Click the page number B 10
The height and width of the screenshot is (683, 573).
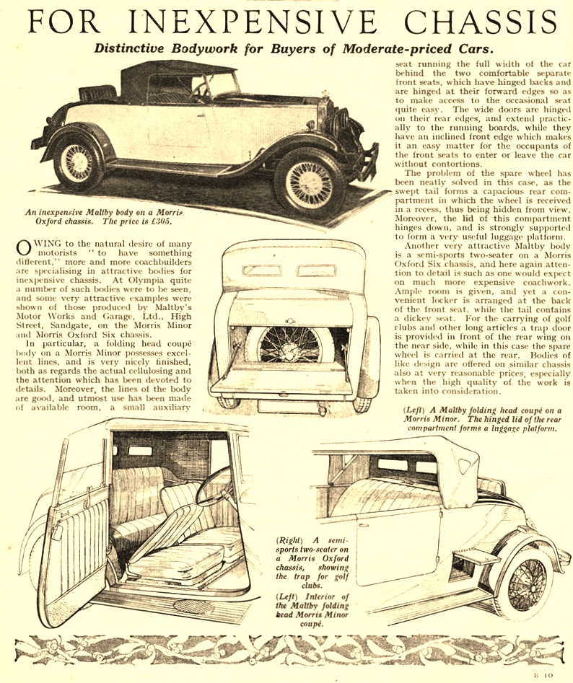click(x=541, y=675)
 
